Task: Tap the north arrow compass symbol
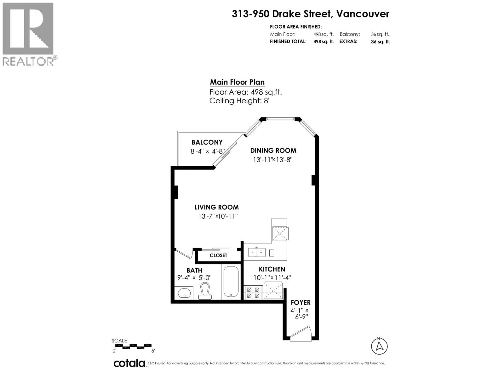[x=379, y=346]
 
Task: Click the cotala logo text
[x=129, y=364]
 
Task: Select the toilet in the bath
[x=205, y=291]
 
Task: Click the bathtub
[x=231, y=282]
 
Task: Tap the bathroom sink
[x=184, y=293]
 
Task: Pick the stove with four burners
[x=253, y=293]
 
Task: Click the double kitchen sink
[x=257, y=252]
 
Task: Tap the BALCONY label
[x=207, y=142]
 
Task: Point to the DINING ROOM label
[x=273, y=151]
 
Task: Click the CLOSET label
[x=218, y=255]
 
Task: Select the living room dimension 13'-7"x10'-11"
[x=218, y=216]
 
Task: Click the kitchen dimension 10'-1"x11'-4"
[x=272, y=278]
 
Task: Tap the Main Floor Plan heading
[x=237, y=82]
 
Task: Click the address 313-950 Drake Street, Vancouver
[x=311, y=14]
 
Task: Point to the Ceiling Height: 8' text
[x=239, y=101]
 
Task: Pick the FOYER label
[x=301, y=302]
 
